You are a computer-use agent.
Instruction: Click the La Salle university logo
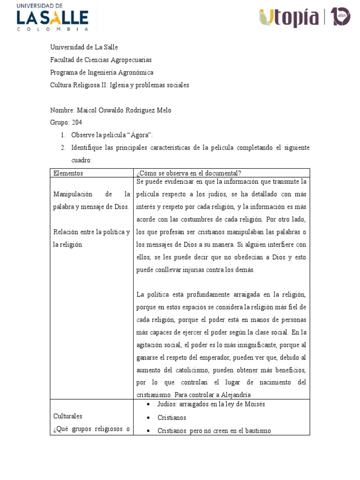52,17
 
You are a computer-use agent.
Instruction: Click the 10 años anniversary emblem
340,17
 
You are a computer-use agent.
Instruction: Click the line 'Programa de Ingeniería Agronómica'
102,73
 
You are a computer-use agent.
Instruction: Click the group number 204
76,123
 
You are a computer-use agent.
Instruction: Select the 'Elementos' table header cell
68,173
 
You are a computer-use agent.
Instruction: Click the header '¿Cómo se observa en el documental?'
188,173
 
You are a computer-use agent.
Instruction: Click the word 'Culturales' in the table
68,416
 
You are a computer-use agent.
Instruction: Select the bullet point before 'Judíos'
148,405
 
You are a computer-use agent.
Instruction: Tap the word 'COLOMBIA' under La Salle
52,29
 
